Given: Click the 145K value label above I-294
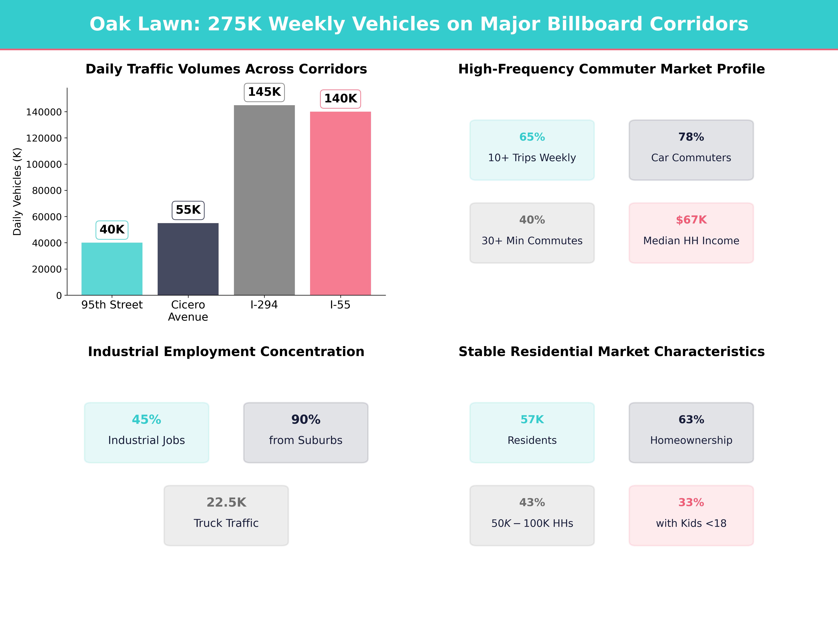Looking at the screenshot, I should pos(264,92).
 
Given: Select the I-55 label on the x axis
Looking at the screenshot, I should pos(340,305).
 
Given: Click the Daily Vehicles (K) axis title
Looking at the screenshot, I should pos(17,192).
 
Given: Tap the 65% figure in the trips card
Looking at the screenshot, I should pos(532,137).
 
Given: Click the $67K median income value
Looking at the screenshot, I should pos(691,220).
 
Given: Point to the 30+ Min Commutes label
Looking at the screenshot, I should pos(532,241).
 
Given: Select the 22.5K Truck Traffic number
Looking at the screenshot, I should pos(226,502).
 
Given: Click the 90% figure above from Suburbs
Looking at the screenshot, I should pos(306,419).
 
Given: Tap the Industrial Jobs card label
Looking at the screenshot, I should pos(147,440).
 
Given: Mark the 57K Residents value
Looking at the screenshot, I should pos(532,419).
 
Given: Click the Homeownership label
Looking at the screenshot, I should pos(691,440).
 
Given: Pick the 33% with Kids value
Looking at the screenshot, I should pos(691,502).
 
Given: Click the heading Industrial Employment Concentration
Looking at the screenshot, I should pos(226,352).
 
